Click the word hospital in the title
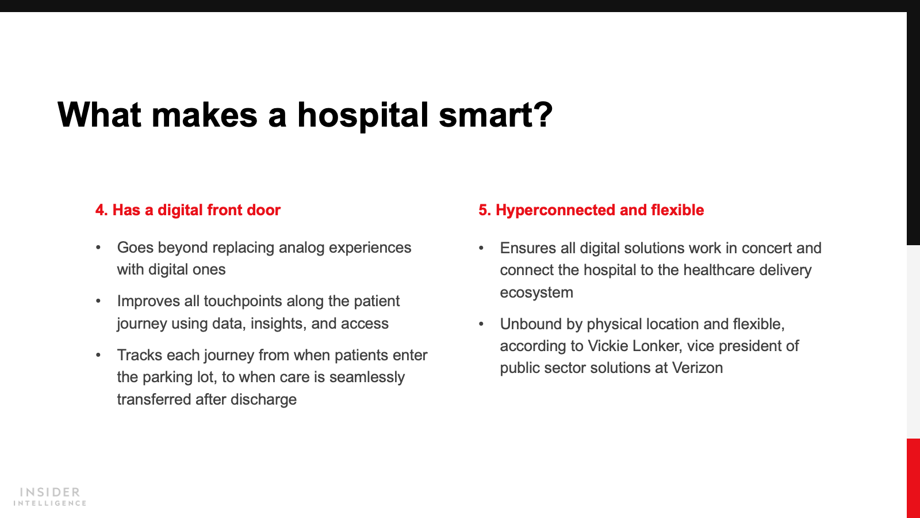tap(363, 116)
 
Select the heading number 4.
tap(101, 210)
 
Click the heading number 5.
tap(485, 210)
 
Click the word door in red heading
tap(264, 210)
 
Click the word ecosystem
tap(536, 293)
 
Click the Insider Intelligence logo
tap(49, 497)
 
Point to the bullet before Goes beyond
tap(98, 247)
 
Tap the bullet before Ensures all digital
tap(481, 248)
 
